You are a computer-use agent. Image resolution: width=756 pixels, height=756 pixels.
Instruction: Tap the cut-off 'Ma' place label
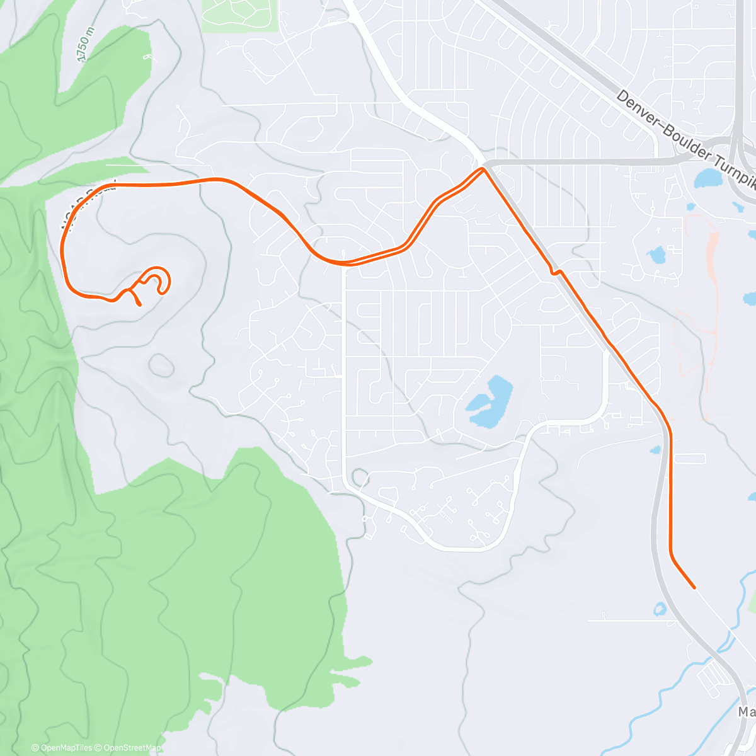747,712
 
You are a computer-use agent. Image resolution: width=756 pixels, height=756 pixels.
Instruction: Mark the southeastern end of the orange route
694,587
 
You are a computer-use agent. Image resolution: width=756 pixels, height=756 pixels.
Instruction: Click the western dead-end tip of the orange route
139,305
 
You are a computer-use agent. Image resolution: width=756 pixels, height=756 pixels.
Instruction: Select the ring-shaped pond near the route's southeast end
660,609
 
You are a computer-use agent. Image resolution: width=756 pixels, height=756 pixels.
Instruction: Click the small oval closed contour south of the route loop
161,365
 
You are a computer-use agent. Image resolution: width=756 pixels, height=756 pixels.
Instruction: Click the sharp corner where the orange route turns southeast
483,168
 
